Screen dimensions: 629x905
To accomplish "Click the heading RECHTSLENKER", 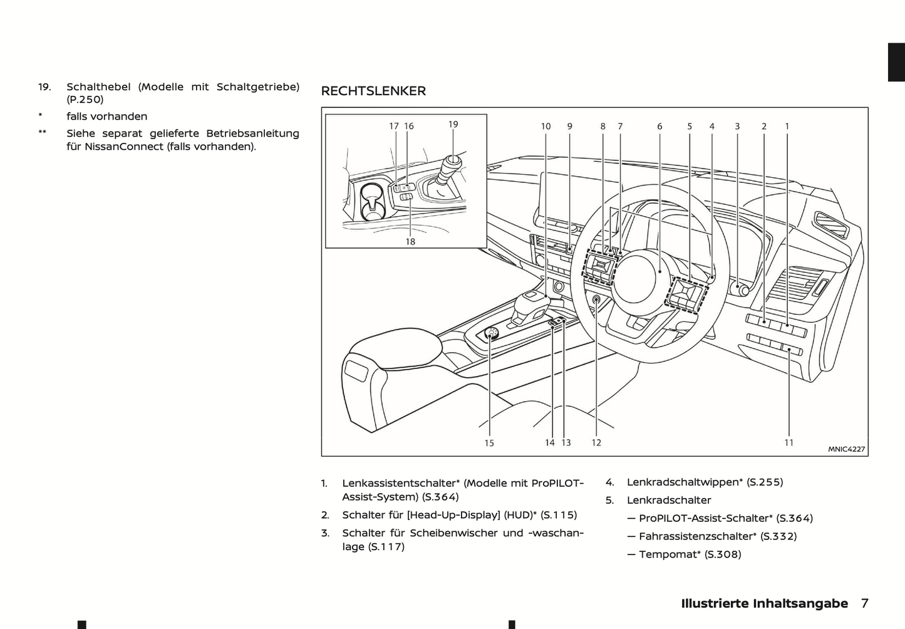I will pos(373,91).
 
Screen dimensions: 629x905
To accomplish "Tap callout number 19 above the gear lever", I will pos(453,125).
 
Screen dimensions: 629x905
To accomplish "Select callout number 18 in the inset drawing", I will pos(410,241).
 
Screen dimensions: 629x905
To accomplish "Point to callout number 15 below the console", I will pos(489,443).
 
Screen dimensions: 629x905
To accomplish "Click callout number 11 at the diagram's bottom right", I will pos(789,442).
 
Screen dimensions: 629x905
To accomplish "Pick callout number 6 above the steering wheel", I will pos(659,126).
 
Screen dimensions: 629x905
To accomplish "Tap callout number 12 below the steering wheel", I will pos(596,442).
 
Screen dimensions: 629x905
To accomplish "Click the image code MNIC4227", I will pos(846,449).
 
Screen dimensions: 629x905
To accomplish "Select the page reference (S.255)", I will pos(765,482).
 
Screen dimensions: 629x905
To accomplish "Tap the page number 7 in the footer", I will pos(864,603).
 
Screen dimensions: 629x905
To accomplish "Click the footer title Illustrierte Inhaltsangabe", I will pos(764,603).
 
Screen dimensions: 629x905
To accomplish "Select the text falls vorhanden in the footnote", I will pos(107,117).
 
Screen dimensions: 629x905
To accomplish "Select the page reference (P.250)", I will pos(85,99).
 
